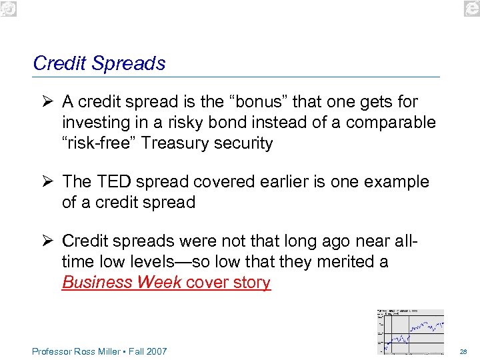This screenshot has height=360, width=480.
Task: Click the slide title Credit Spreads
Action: click(x=99, y=63)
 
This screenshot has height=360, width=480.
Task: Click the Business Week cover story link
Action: click(x=166, y=282)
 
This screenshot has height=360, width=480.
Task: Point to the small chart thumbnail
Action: click(x=410, y=331)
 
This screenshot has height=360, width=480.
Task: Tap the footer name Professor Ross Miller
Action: click(x=74, y=351)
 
